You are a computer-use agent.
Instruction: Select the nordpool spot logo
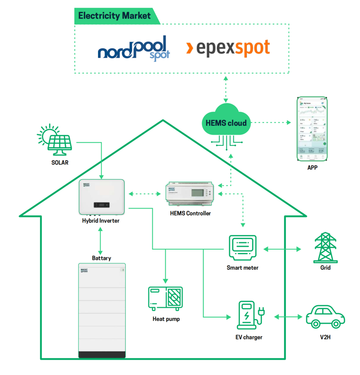pyautogui.click(x=134, y=48)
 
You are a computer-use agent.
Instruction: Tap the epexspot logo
pyautogui.click(x=228, y=48)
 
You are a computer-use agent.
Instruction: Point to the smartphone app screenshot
pyautogui.click(x=312, y=129)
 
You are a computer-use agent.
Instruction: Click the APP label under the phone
pyautogui.click(x=312, y=168)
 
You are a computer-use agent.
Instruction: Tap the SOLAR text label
pyautogui.click(x=60, y=162)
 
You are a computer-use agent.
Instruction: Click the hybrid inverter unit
pyautogui.click(x=102, y=197)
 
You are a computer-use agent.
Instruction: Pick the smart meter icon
pyautogui.click(x=242, y=249)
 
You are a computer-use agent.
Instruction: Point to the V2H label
pyautogui.click(x=325, y=337)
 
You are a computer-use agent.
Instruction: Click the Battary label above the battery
pyautogui.click(x=101, y=258)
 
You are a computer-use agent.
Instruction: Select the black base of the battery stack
pyautogui.click(x=102, y=355)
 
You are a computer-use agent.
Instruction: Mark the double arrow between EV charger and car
pyautogui.click(x=288, y=317)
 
